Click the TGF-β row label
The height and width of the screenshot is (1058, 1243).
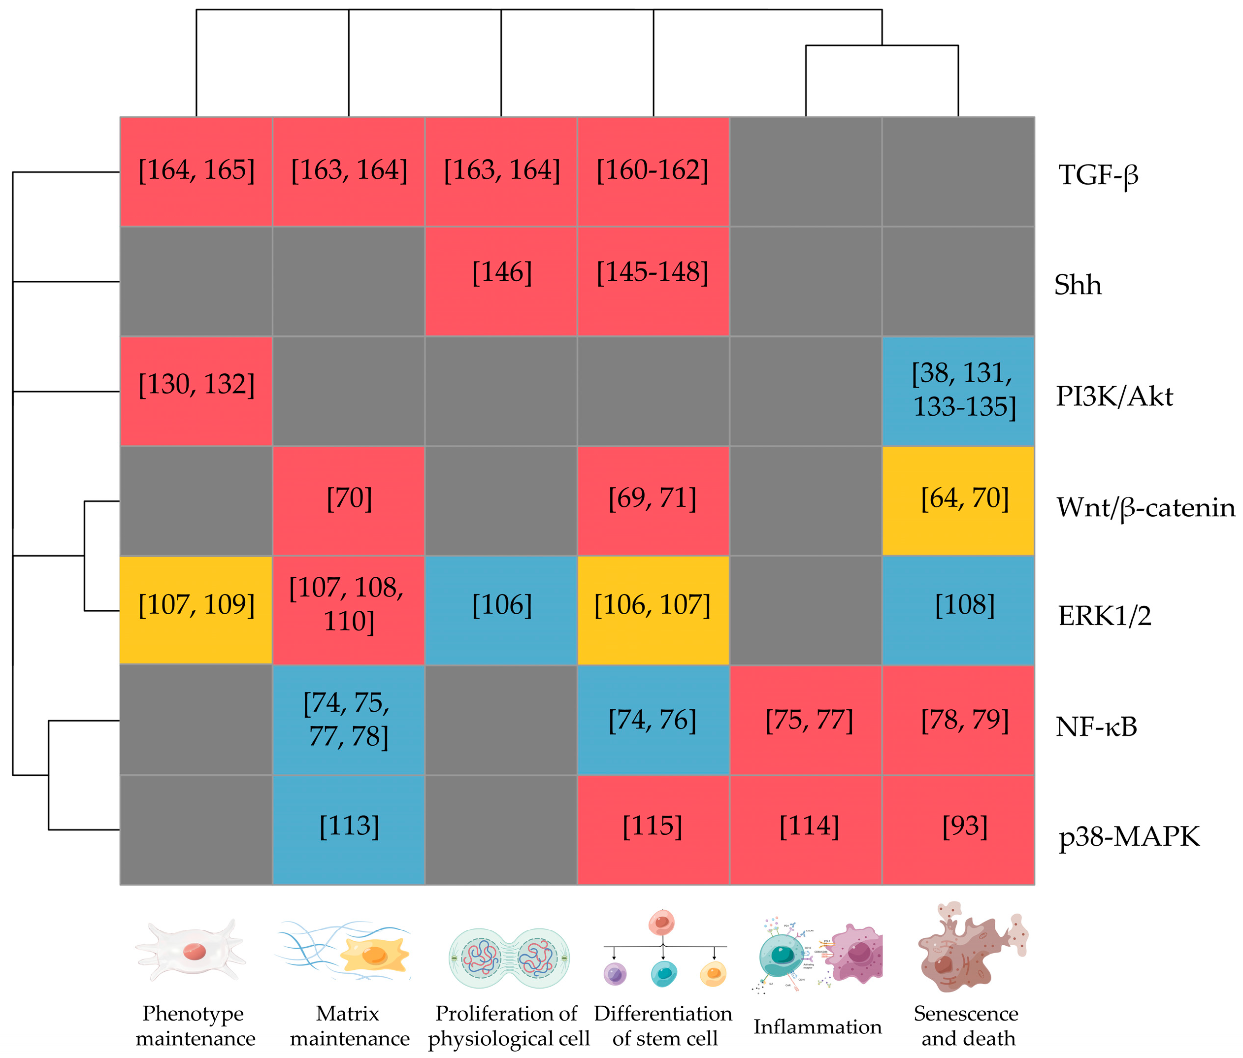1098,175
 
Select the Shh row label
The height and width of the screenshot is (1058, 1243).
1078,285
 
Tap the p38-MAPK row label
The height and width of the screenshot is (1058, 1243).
1128,835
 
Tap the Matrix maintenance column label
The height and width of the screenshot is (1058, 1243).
349,1025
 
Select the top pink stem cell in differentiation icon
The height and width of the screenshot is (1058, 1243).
661,923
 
